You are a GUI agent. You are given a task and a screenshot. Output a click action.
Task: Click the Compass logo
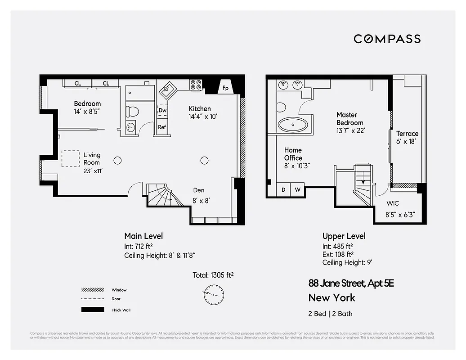[387, 39]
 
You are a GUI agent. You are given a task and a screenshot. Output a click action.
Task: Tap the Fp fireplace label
[225, 88]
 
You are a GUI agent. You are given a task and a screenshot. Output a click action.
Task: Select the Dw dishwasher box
[162, 110]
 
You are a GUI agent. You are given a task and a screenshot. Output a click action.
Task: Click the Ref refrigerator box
[162, 127]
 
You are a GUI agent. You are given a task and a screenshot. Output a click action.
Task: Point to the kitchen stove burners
[196, 85]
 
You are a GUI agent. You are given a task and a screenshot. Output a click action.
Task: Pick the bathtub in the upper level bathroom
[293, 124]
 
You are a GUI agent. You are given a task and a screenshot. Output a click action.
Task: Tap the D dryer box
[283, 190]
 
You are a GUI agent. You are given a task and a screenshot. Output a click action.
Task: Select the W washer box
[297, 190]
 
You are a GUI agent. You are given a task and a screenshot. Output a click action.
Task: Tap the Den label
[199, 190]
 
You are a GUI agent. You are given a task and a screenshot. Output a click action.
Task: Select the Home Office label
[293, 154]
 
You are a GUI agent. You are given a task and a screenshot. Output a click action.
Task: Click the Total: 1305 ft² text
[213, 275]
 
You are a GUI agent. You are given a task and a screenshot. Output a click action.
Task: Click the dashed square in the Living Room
[70, 158]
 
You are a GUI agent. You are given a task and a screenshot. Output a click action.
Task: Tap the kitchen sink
[167, 89]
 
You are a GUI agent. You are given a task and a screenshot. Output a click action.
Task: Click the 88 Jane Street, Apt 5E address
[351, 283]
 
